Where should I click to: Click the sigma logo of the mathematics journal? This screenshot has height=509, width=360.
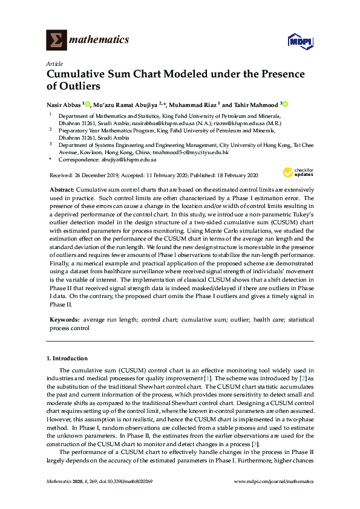pyautogui.click(x=56, y=41)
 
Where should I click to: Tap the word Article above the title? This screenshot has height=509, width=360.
pyautogui.click(x=54, y=63)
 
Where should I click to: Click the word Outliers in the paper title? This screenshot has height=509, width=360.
pyautogui.click(x=73, y=86)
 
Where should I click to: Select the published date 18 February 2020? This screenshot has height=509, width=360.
pyautogui.click(x=234, y=175)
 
